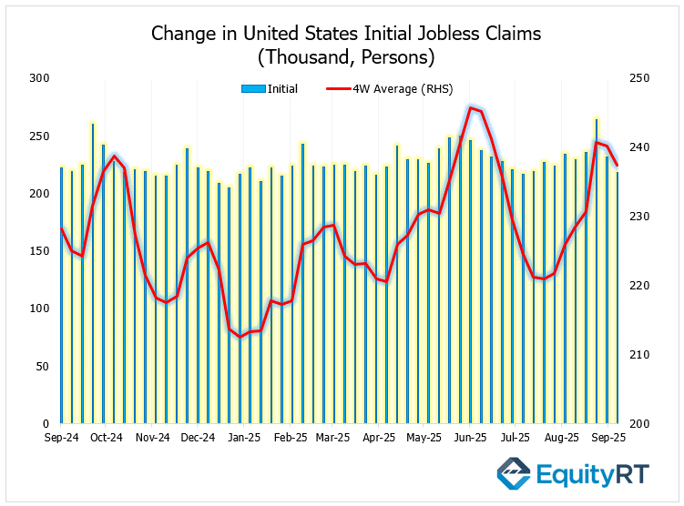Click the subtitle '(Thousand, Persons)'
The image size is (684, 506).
[x=345, y=56]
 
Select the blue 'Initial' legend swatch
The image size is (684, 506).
[x=253, y=89]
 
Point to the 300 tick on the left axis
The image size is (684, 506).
[x=40, y=79]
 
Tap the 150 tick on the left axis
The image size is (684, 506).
[x=40, y=251]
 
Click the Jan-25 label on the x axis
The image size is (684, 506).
[x=243, y=438]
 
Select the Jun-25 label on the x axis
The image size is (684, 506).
[x=470, y=438]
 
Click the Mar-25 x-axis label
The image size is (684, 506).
[x=334, y=438]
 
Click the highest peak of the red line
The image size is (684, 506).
[x=470, y=107]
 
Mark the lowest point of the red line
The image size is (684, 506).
[x=240, y=337]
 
